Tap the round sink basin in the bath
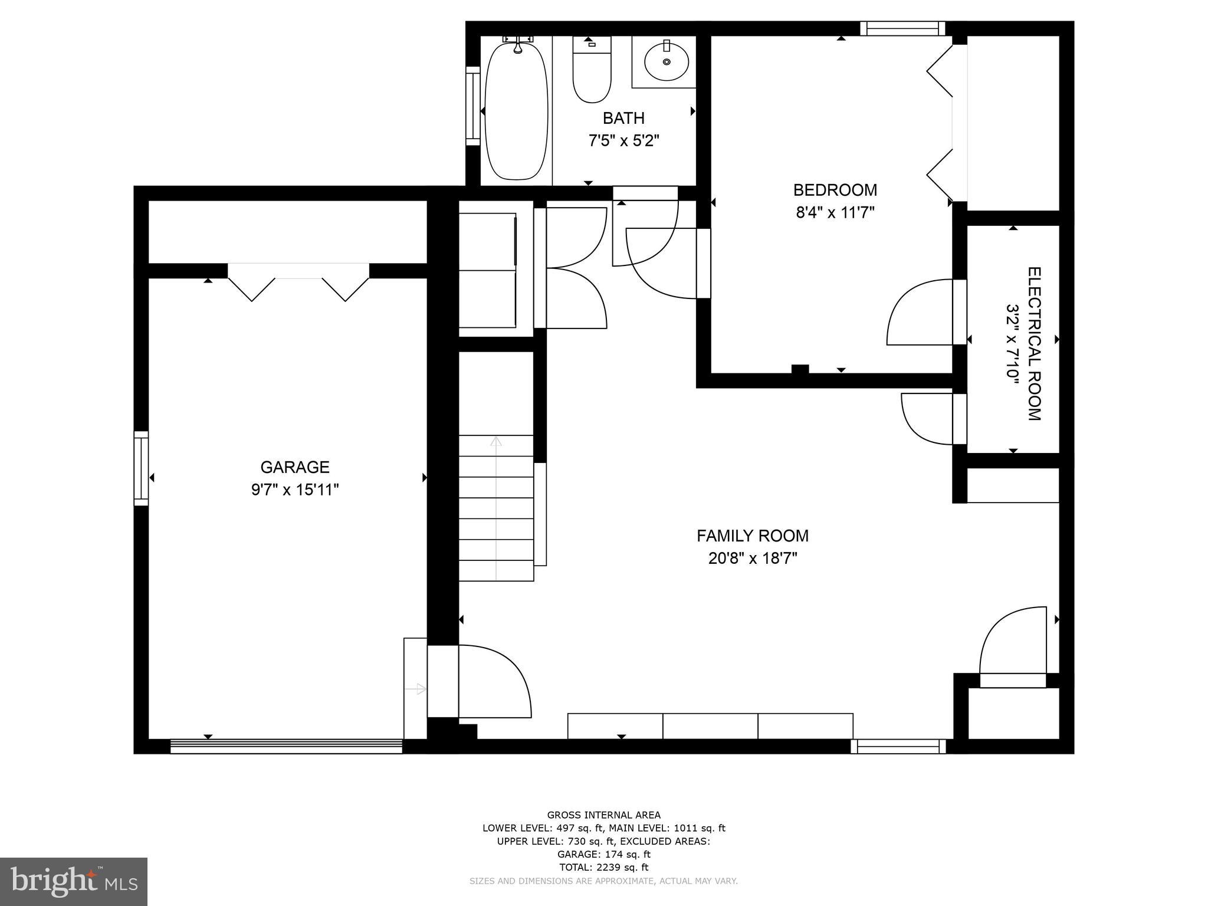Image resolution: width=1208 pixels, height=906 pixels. coord(667,61)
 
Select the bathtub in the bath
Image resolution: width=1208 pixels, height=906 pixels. coord(517,110)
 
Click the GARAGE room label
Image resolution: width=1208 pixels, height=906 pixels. coord(295,467)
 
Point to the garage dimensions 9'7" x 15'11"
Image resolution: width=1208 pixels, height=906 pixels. coord(295,490)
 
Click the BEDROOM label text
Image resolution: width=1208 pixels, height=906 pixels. coord(835,190)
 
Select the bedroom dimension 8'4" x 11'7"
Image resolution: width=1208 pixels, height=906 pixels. coord(835,212)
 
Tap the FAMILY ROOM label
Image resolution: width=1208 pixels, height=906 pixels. coord(753,536)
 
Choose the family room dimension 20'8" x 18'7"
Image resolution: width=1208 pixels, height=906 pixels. coord(753,558)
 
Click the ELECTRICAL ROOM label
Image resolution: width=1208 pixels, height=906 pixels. coord(1035,344)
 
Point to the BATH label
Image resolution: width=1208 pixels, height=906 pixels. coord(623,118)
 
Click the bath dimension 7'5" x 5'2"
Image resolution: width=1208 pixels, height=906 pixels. coord(623,141)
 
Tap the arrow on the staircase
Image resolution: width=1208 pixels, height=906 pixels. coord(496,508)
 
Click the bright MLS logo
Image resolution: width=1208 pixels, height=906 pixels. coord(74,882)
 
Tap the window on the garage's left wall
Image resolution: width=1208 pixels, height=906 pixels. coord(141,468)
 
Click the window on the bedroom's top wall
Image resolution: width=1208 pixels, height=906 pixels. coord(902,28)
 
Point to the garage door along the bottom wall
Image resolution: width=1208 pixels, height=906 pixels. coord(286,746)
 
